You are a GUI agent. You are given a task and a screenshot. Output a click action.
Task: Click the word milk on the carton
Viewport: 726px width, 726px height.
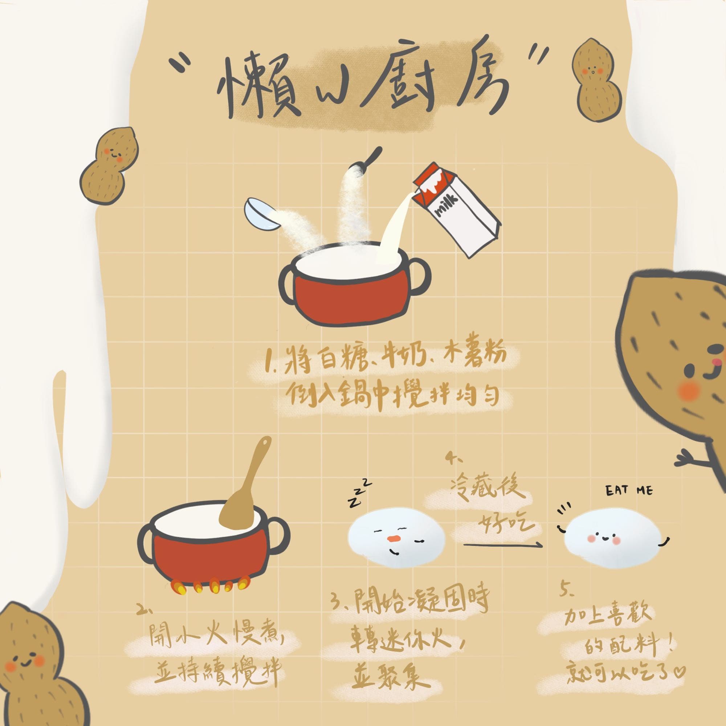pos(446,205)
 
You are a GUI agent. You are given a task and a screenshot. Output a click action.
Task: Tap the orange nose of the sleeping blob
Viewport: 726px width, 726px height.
pos(393,538)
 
